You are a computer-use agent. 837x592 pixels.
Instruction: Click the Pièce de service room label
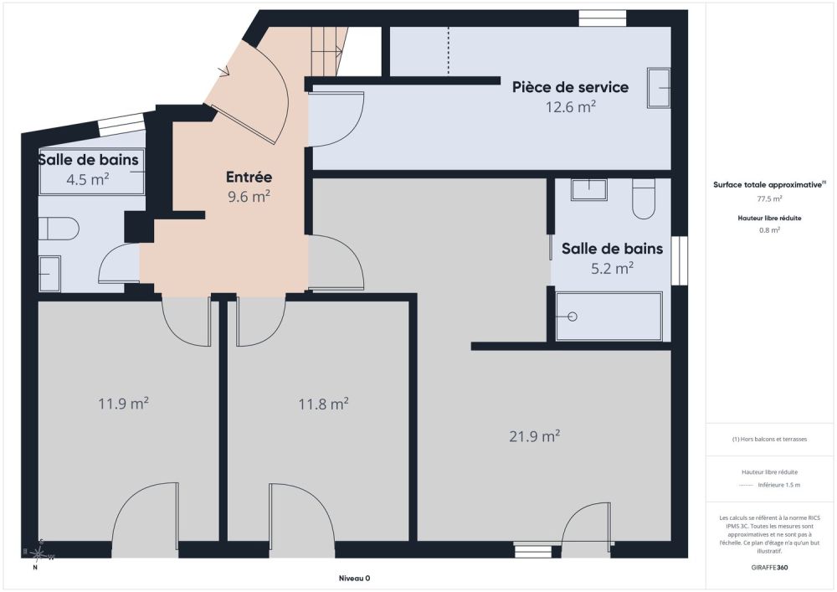coord(570,87)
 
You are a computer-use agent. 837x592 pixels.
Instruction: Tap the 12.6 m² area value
coord(570,107)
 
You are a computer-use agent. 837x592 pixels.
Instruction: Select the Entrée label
coord(249,177)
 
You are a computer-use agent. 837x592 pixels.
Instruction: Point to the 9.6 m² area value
coord(249,197)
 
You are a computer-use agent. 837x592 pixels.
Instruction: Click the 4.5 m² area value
coord(88,179)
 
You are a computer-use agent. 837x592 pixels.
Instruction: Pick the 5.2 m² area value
coord(612,268)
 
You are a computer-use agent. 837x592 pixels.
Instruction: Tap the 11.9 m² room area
coord(123,403)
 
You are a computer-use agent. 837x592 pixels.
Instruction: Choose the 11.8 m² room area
coord(323,404)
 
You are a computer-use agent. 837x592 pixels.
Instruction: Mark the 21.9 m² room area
coord(534,436)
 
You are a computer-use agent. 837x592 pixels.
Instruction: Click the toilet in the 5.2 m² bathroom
coord(644,198)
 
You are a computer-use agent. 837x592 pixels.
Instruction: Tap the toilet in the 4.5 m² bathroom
coord(59,229)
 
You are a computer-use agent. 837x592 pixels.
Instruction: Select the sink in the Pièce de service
coord(659,88)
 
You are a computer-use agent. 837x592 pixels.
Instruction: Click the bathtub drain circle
coord(573,317)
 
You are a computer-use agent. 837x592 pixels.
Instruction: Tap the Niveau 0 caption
coord(354,578)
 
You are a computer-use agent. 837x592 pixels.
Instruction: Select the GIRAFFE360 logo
coord(769,568)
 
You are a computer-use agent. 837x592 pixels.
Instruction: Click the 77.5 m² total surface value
coord(769,198)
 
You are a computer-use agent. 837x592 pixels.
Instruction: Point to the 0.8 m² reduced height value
coord(769,230)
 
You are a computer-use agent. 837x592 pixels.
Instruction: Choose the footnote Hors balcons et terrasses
coord(769,440)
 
